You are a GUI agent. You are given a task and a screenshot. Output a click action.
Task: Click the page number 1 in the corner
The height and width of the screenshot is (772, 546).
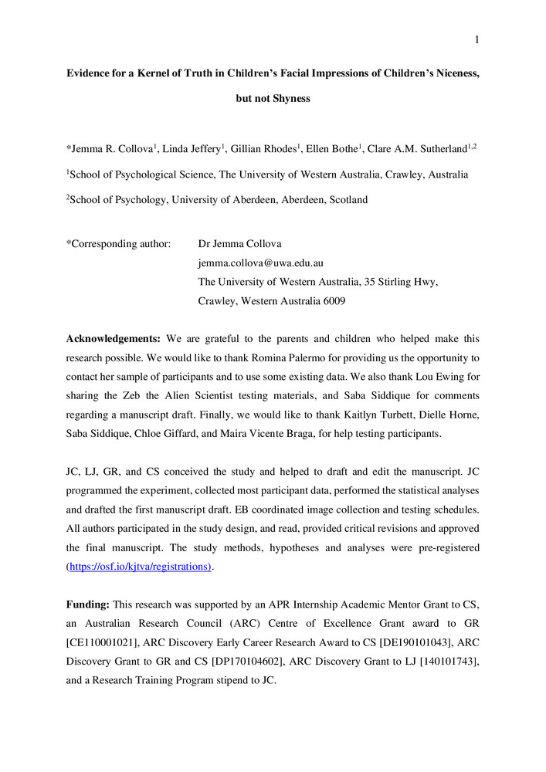click(477, 40)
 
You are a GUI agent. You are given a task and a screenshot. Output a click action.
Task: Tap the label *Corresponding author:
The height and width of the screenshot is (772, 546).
click(119, 245)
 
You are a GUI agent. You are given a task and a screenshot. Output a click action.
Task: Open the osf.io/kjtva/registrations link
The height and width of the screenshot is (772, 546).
click(138, 567)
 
